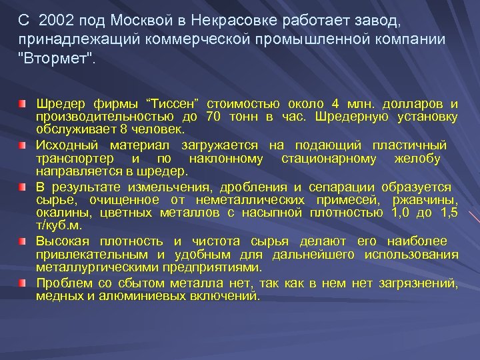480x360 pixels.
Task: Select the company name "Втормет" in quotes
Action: click(58, 58)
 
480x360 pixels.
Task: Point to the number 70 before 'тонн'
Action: click(213, 117)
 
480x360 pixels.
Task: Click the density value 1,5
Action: click(449, 213)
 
